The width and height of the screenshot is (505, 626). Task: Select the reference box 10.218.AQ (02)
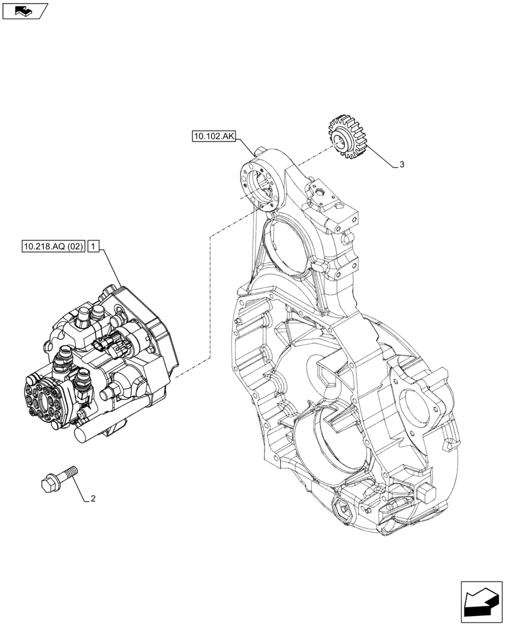(x=52, y=247)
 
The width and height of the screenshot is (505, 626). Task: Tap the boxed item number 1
(x=92, y=247)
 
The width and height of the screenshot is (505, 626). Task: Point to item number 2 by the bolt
(x=93, y=499)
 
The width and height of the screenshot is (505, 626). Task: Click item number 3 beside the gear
(x=402, y=165)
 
